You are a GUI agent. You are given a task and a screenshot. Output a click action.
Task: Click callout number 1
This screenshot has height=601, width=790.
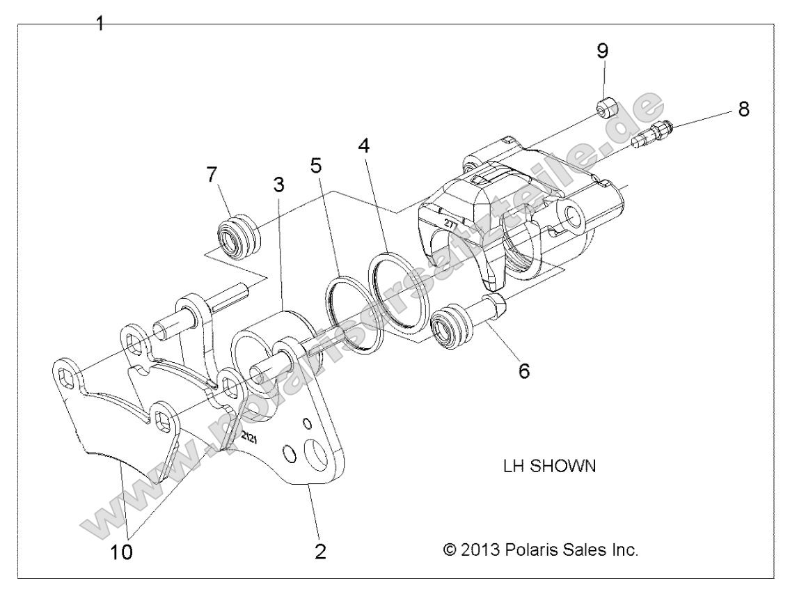coord(100,24)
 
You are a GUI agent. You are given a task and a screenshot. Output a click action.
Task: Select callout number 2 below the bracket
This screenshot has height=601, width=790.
coord(319,551)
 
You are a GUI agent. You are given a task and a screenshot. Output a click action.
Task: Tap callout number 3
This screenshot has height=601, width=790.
coord(278,186)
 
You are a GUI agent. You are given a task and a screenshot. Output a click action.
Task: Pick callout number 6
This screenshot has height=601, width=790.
coord(523,370)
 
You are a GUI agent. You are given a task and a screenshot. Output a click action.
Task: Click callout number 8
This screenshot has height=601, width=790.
coord(744,109)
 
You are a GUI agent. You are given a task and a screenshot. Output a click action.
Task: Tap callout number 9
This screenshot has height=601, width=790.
coord(602,50)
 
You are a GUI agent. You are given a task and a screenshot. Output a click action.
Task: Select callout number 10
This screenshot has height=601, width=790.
coord(123,552)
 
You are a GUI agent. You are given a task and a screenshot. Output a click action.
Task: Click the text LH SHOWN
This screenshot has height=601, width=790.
coord(549,466)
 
